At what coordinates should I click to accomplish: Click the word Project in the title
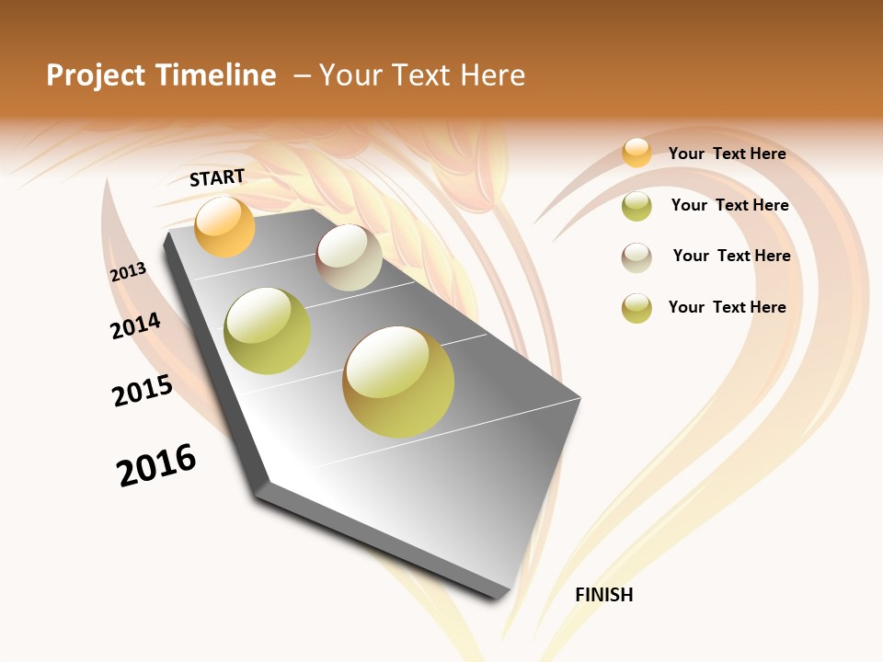pyautogui.click(x=95, y=75)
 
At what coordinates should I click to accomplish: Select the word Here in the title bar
pyautogui.click(x=492, y=75)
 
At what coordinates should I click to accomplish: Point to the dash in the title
pyautogui.click(x=302, y=75)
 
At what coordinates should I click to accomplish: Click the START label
pyautogui.click(x=217, y=177)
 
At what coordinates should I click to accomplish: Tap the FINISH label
pyautogui.click(x=603, y=595)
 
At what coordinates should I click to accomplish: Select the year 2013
pyautogui.click(x=128, y=272)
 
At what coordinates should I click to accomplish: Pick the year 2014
pyautogui.click(x=135, y=325)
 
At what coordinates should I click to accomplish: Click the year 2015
pyautogui.click(x=143, y=391)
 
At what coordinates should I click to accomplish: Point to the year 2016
pyautogui.click(x=156, y=464)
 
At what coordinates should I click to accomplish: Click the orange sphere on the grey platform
pyautogui.click(x=224, y=226)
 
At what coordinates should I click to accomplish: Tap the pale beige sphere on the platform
pyautogui.click(x=349, y=257)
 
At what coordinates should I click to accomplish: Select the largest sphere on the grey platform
pyautogui.click(x=398, y=382)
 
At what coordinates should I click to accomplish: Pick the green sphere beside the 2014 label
pyautogui.click(x=268, y=331)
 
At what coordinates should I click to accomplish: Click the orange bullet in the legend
pyautogui.click(x=636, y=153)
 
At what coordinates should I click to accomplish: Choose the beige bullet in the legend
pyautogui.click(x=636, y=257)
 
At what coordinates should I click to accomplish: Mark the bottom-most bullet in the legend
pyautogui.click(x=636, y=308)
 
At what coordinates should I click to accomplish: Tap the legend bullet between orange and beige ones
pyautogui.click(x=636, y=206)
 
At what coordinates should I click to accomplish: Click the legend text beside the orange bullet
pyautogui.click(x=727, y=154)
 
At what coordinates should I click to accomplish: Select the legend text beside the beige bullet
pyautogui.click(x=731, y=256)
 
